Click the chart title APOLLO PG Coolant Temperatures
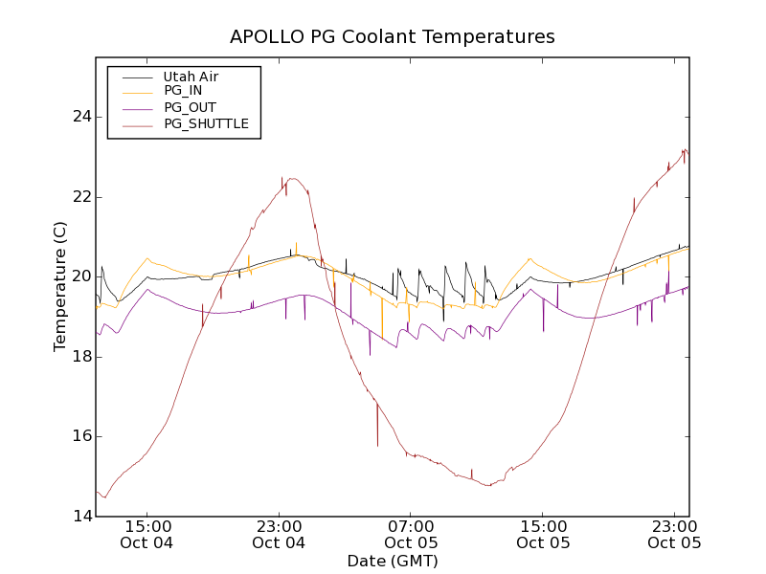click(x=392, y=37)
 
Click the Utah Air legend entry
click(x=191, y=76)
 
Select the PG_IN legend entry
click(x=183, y=91)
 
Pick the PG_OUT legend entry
click(x=190, y=107)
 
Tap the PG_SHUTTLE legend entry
click(x=206, y=123)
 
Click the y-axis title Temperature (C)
click(x=60, y=286)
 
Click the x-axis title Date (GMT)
click(x=392, y=561)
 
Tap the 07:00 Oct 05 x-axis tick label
click(x=411, y=534)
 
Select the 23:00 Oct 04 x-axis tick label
click(x=279, y=534)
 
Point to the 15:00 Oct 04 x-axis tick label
click(x=146, y=534)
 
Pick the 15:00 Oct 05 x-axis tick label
click(x=543, y=534)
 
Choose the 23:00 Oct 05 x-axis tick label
click(x=675, y=534)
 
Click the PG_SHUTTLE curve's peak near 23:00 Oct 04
click(x=292, y=179)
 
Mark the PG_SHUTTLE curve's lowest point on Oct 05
click(x=489, y=485)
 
